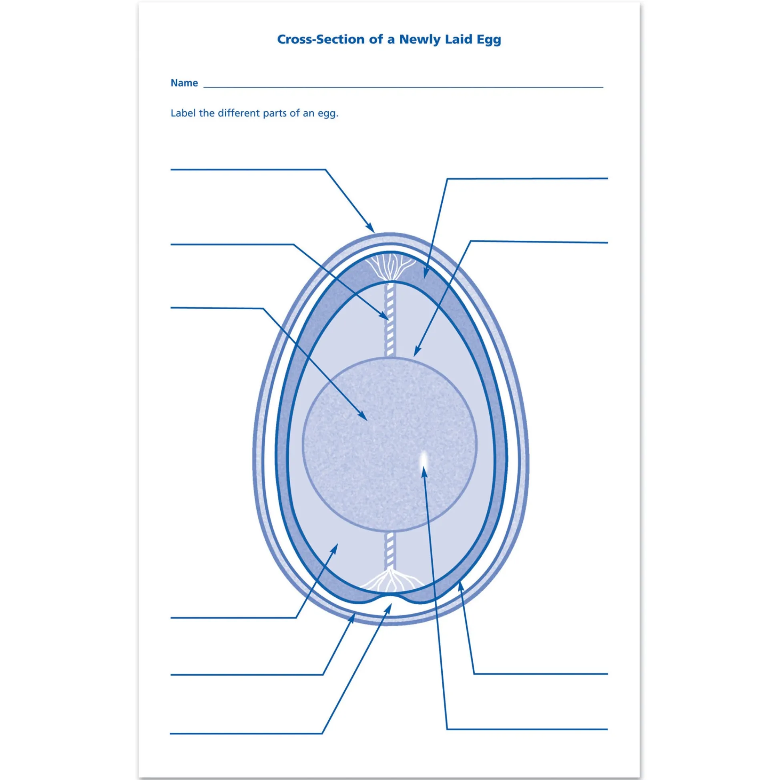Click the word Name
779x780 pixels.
click(185, 83)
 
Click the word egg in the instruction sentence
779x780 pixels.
click(328, 114)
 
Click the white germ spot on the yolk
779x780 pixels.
click(423, 458)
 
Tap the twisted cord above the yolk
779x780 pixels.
click(390, 319)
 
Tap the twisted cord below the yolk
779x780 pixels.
click(390, 550)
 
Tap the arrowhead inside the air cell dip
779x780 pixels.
click(388, 609)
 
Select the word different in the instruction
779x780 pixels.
click(239, 113)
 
